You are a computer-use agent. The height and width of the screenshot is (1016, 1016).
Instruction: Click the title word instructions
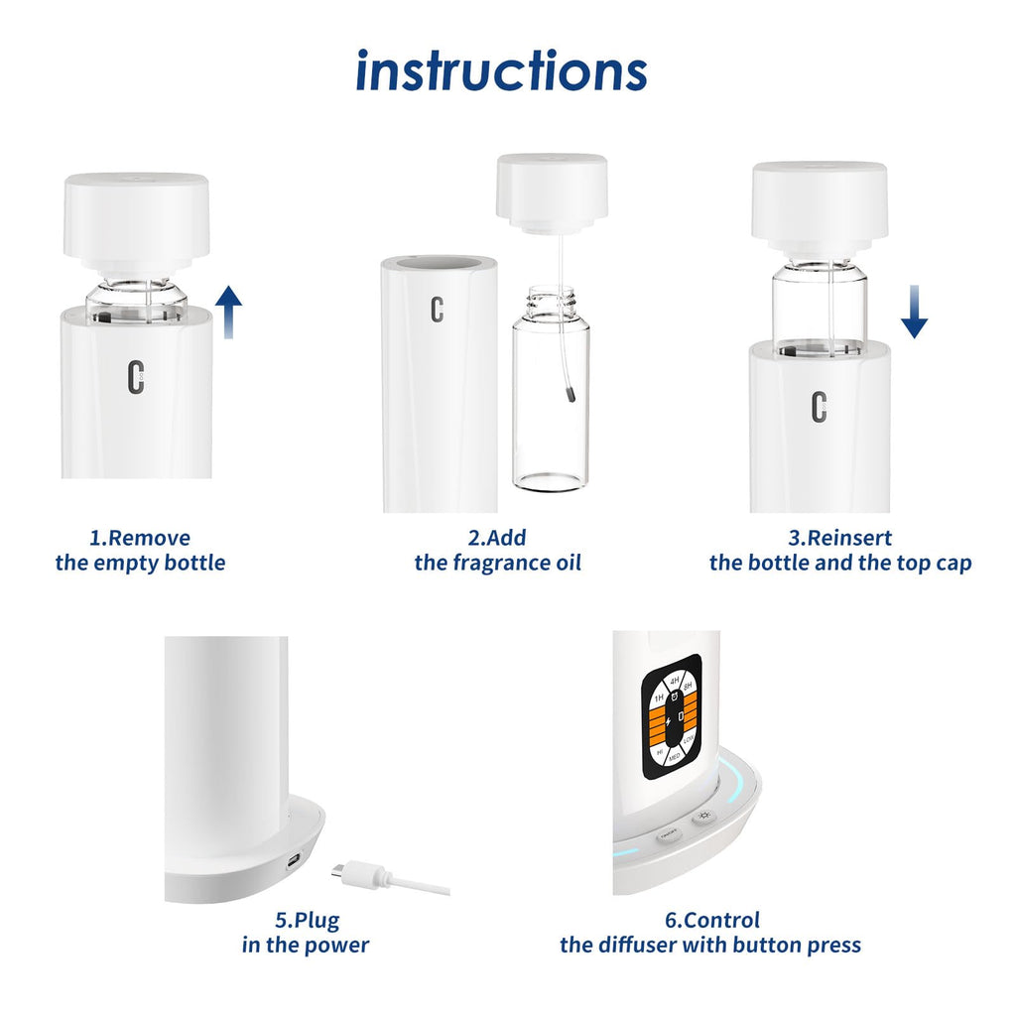pyautogui.click(x=501, y=71)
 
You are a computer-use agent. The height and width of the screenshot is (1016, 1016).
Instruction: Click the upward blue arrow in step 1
pyautogui.click(x=229, y=311)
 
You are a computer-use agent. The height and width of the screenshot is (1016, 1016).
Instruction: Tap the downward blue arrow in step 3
pyautogui.click(x=914, y=315)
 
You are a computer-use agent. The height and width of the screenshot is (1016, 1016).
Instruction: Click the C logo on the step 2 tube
pyautogui.click(x=437, y=310)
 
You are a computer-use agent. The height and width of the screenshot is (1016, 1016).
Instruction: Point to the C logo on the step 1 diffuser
pyautogui.click(x=137, y=378)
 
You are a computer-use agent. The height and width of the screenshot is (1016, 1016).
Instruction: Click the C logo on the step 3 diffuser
pyautogui.click(x=819, y=406)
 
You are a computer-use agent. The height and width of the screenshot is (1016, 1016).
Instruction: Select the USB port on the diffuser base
pyautogui.click(x=294, y=861)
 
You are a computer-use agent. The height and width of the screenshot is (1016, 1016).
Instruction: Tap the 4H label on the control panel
pyautogui.click(x=675, y=681)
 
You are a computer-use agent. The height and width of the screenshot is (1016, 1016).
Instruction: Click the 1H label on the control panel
pyautogui.click(x=657, y=697)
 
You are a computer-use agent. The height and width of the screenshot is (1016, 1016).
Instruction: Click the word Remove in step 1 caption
pyautogui.click(x=149, y=539)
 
